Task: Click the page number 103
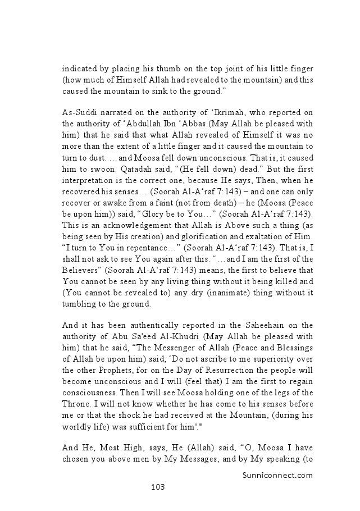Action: [157, 487]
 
